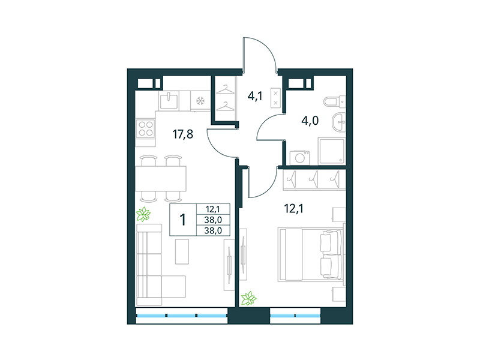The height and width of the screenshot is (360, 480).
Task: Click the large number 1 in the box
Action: click(182, 218)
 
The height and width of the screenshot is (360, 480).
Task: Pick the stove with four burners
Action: click(146, 128)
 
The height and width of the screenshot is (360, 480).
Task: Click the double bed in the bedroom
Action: click(308, 254)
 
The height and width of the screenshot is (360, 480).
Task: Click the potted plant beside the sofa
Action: click(144, 213)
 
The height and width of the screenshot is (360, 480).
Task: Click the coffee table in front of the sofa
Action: click(182, 251)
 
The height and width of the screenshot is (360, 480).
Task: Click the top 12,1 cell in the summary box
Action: click(212, 209)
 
